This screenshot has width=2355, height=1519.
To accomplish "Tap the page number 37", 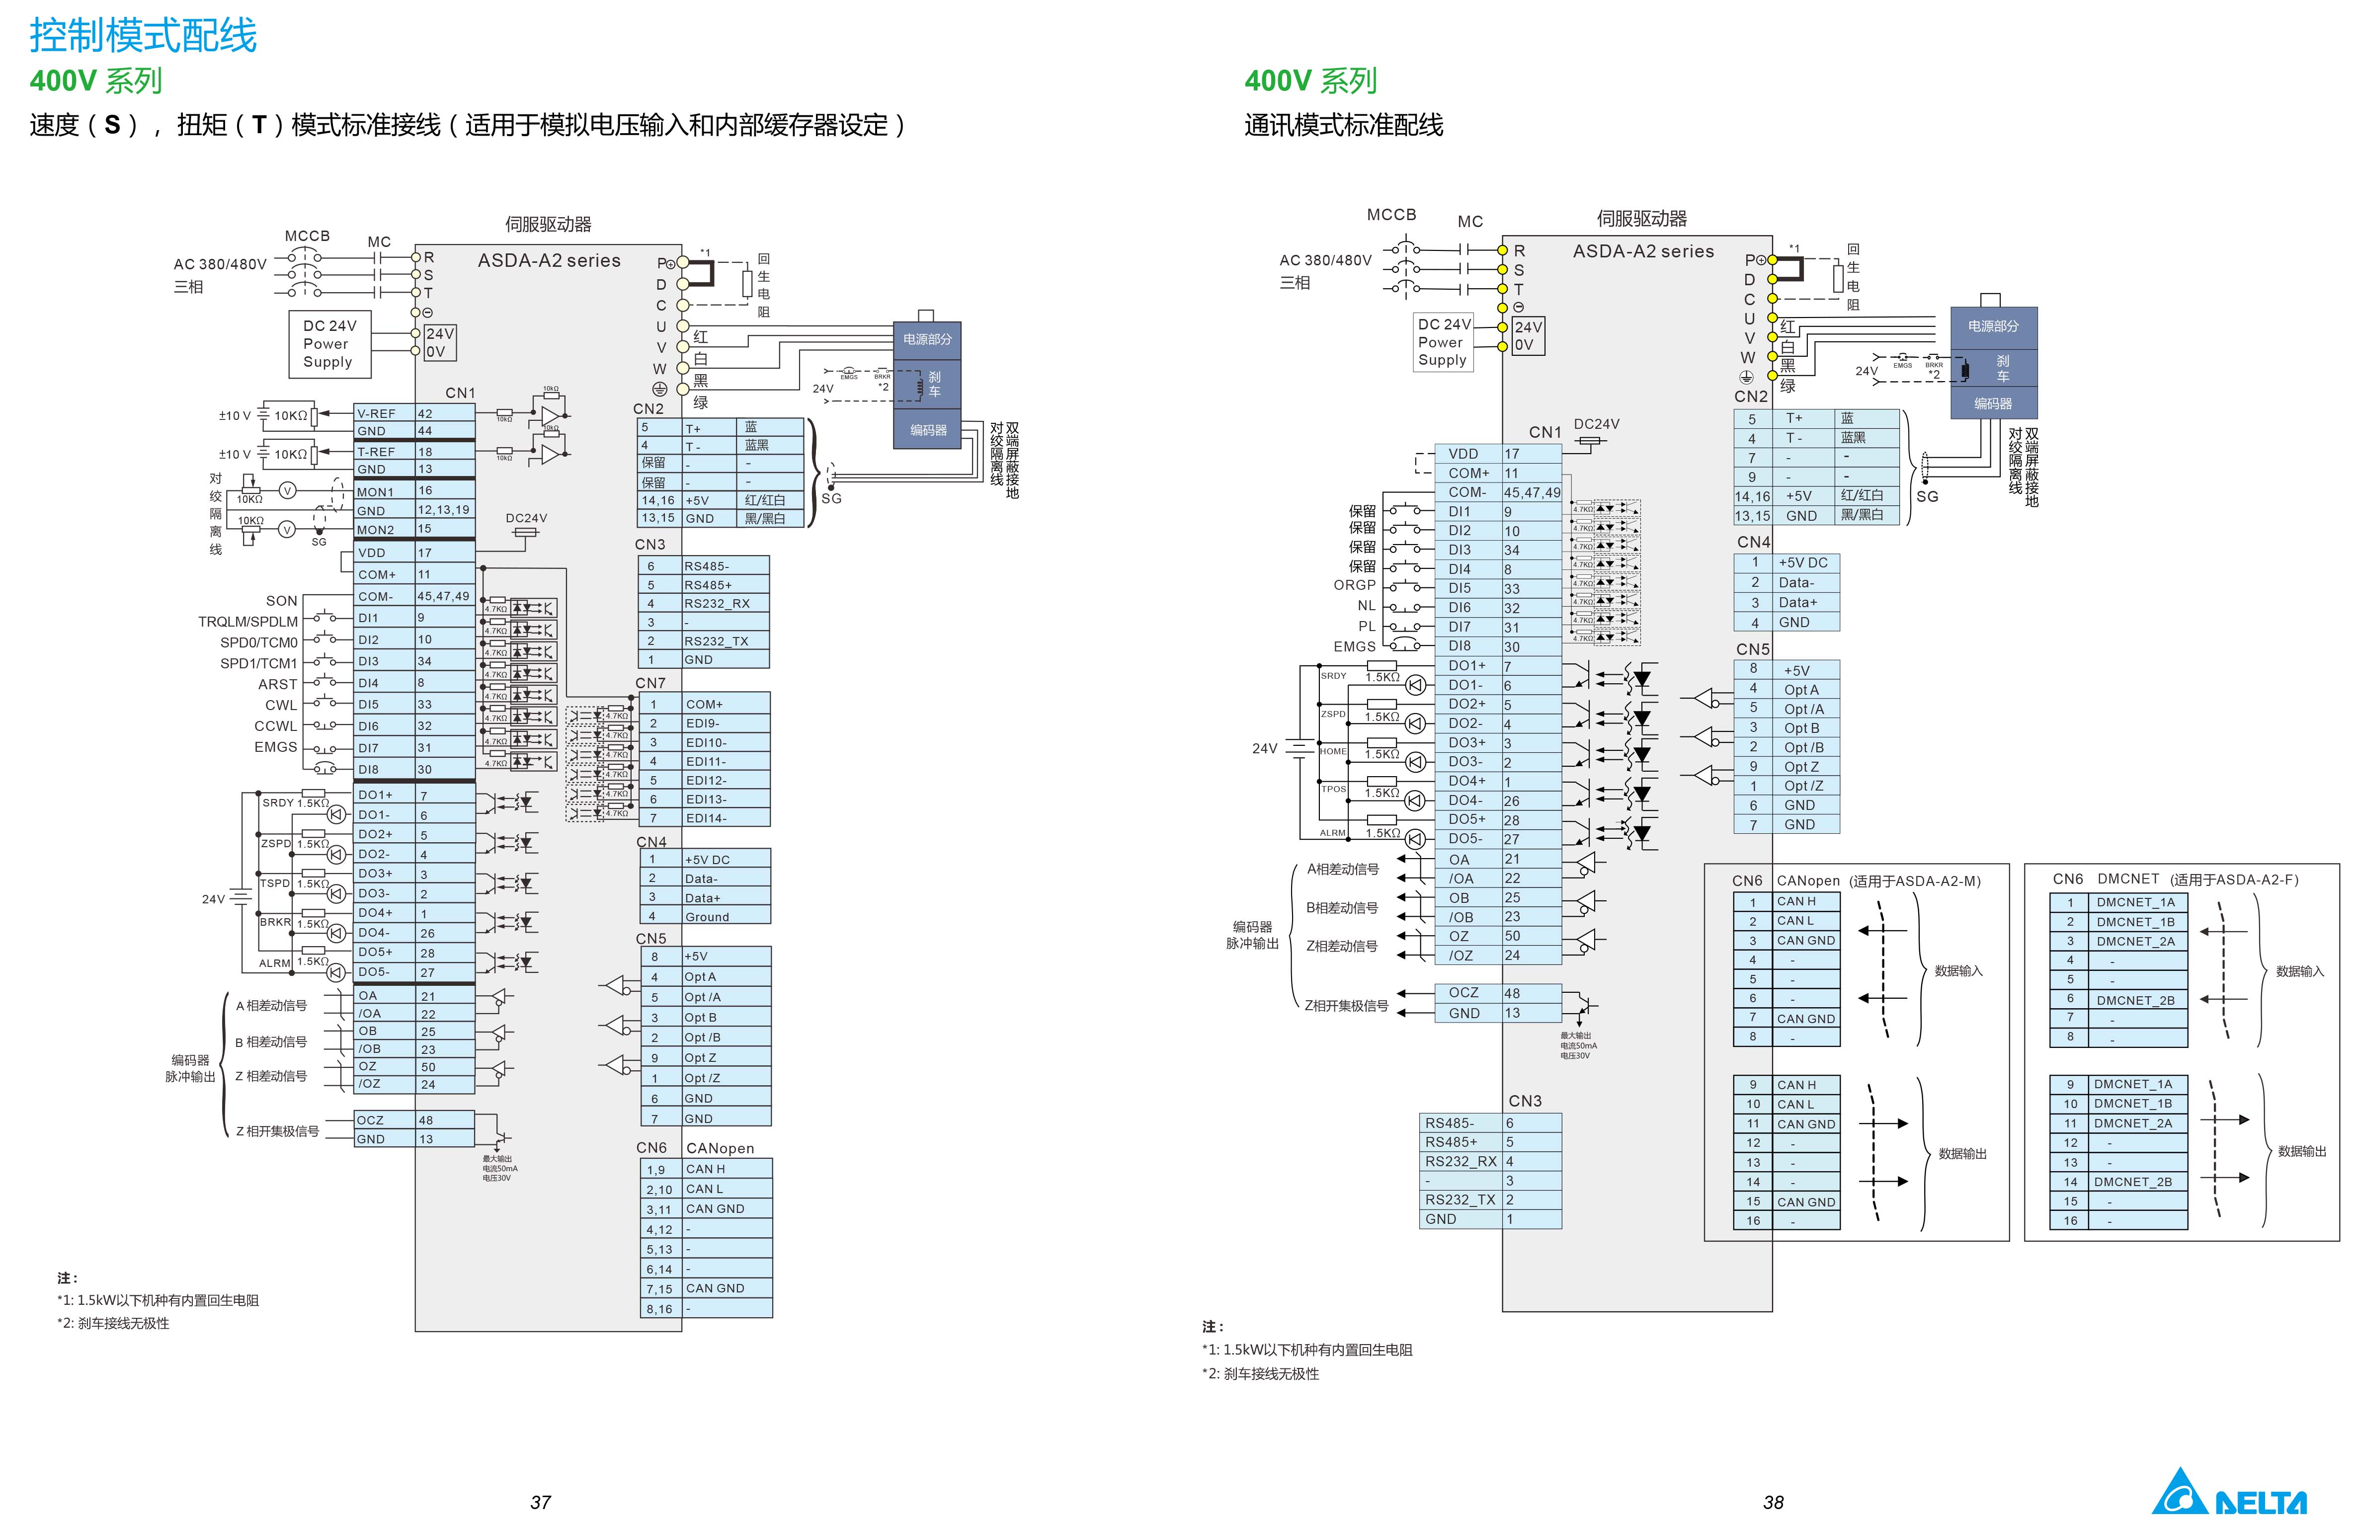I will click(541, 1501).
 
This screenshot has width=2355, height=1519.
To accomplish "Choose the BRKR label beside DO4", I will click(275, 922).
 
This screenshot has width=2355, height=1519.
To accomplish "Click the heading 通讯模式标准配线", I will click(1343, 125).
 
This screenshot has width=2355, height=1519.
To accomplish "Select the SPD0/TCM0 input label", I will click(258, 642).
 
